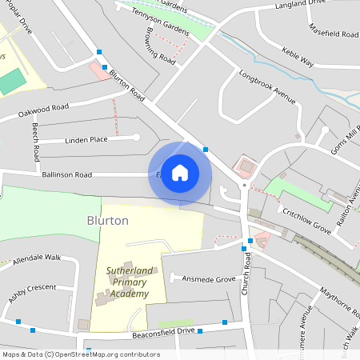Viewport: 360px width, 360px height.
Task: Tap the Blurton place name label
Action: click(x=107, y=220)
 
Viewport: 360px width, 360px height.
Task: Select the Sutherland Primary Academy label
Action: click(x=128, y=282)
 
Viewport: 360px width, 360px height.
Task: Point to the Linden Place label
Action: click(x=86, y=140)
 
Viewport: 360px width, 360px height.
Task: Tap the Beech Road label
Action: click(x=36, y=139)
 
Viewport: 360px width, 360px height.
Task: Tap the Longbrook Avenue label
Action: click(x=267, y=89)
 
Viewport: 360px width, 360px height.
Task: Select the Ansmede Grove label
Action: click(x=209, y=279)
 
